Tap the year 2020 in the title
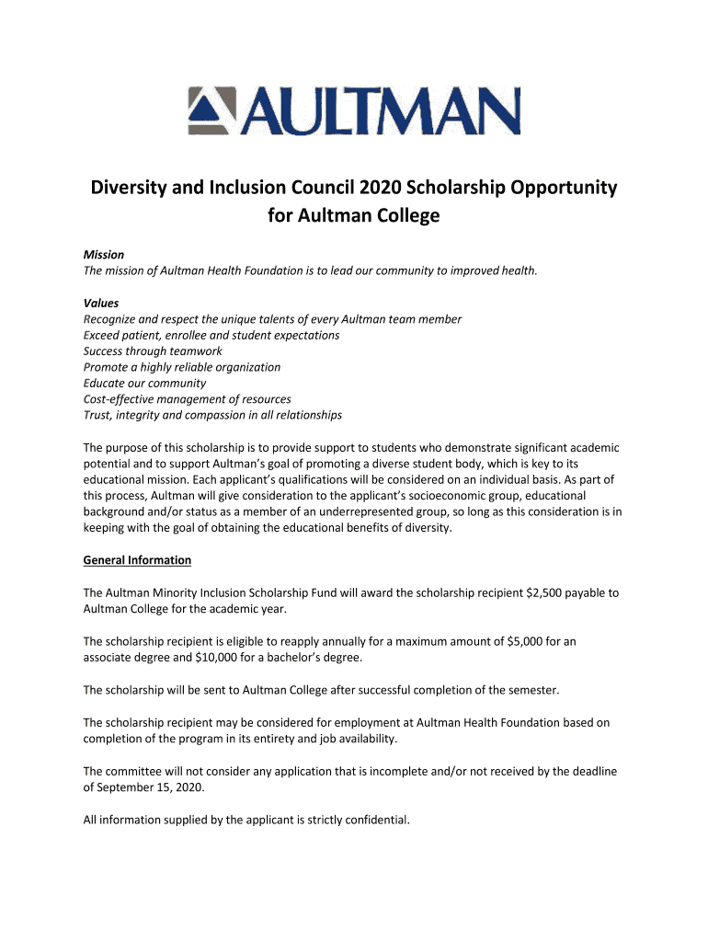388,189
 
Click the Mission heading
104,254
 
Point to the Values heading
101,303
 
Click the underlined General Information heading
137,559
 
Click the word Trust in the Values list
97,415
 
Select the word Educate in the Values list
106,383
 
